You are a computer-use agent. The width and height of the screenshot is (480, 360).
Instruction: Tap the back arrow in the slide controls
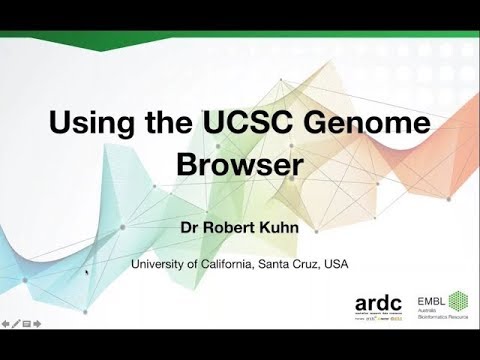pyautogui.click(x=6, y=324)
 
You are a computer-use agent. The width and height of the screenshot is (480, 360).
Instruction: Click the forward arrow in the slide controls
pyautogui.click(x=38, y=324)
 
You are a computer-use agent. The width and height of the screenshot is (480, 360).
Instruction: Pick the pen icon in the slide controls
pyautogui.click(x=16, y=324)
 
